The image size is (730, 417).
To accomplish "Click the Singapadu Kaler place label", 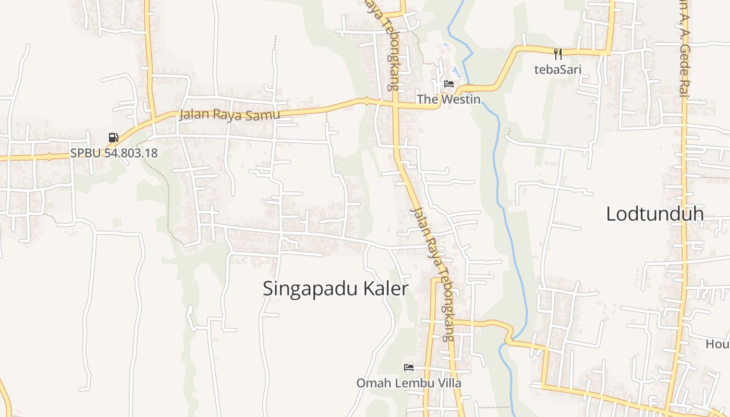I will tap(335, 289).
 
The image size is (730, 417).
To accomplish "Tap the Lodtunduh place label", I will tap(655, 214).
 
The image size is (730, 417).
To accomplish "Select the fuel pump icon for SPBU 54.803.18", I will tap(113, 138).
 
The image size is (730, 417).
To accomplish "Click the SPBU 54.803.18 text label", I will tap(114, 153).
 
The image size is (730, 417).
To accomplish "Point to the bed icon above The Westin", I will tap(448, 84).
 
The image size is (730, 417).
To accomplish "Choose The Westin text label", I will tap(448, 99).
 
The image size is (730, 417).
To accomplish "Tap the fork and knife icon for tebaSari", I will tap(558, 53).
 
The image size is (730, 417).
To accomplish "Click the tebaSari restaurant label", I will tap(558, 69).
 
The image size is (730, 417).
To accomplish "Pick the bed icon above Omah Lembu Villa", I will tap(409, 367).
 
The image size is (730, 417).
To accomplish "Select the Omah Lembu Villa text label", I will tap(409, 383).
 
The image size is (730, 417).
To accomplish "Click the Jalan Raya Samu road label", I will tap(229, 115).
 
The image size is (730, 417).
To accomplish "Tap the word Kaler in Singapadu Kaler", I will tap(384, 289).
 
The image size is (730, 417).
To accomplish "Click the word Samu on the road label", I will tap(264, 115).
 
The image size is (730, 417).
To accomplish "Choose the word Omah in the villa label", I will tap(370, 383).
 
